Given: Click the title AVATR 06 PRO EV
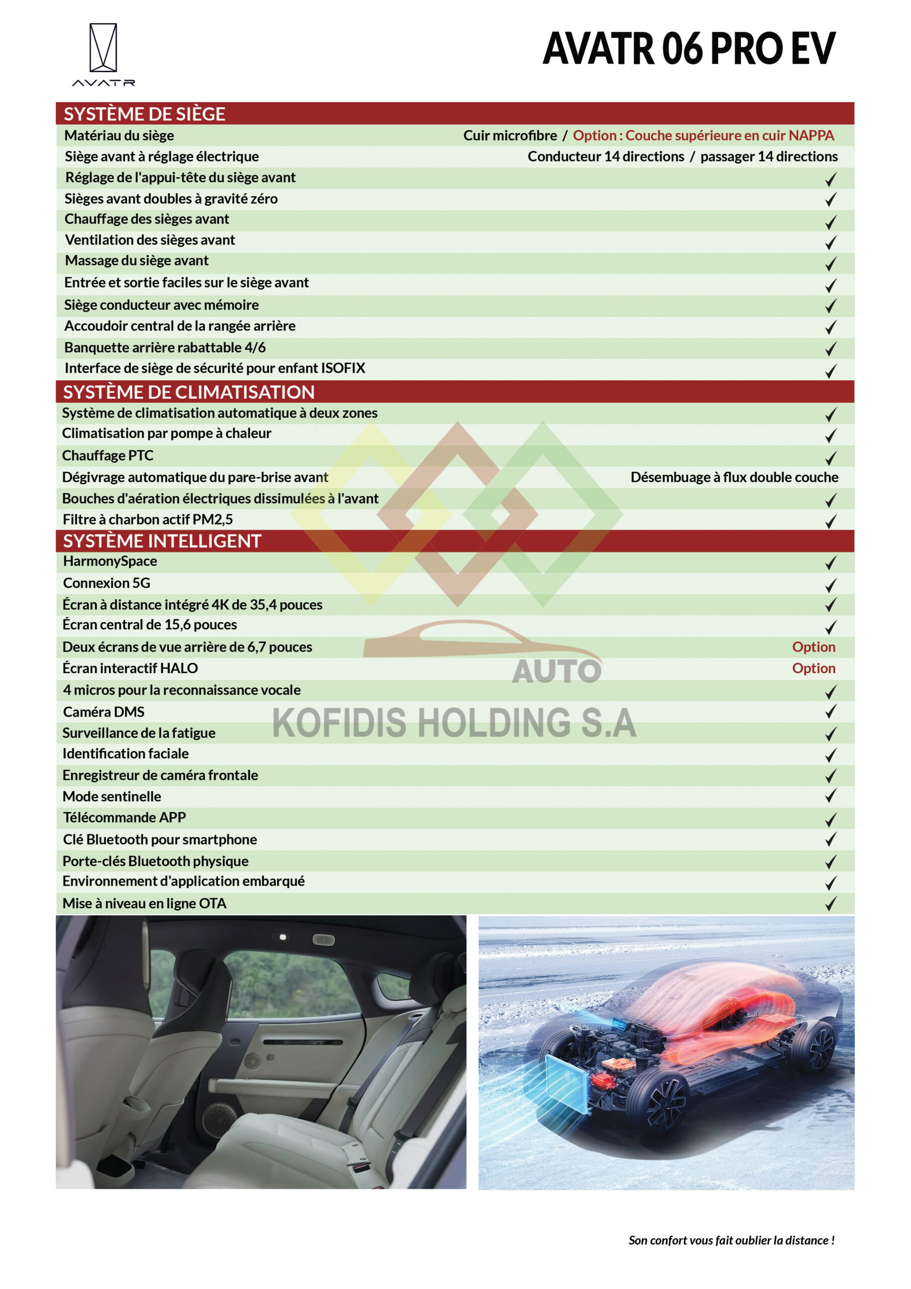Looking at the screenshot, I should pos(689,49).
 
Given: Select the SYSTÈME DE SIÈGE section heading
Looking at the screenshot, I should pos(144,114).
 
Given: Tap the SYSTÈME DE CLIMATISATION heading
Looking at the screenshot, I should pos(189,392).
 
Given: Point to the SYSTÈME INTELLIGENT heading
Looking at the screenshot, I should pos(162,541).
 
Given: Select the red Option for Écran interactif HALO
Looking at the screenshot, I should pos(813,668).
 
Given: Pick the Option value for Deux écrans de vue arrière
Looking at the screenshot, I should pos(813,647).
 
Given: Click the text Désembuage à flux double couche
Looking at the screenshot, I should pos(734,477).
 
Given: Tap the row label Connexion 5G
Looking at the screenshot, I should pos(107,583).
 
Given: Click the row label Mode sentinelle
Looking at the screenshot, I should pos(112,796).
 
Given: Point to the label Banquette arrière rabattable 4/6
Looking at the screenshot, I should pos(165,347).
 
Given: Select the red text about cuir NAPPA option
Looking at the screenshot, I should pos(703,135).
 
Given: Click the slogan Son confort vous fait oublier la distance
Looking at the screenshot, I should pos(731,1240).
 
